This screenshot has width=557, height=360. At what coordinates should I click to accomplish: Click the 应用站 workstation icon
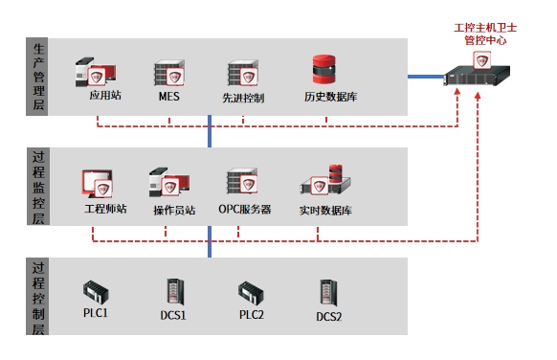coord(96,72)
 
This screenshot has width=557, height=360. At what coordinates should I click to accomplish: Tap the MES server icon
coord(169,73)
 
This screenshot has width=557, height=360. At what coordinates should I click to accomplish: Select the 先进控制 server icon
coord(243,73)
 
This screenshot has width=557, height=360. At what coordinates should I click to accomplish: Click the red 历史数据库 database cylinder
coord(324,69)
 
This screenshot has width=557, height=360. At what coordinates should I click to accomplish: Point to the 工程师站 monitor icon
coord(98,184)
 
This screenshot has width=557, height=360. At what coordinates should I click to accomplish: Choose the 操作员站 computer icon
coord(169,182)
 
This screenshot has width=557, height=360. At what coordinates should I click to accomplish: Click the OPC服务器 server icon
coord(242,181)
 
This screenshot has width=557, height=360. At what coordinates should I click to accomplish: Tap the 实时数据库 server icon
coord(325,180)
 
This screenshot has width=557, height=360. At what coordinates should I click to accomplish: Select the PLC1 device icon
coord(96,293)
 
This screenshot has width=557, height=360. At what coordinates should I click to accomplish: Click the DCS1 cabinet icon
coord(175,292)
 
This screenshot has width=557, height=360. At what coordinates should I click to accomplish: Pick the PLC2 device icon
coord(251,293)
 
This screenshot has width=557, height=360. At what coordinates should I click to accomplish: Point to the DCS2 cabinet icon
coord(328,293)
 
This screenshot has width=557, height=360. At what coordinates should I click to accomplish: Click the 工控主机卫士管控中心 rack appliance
coord(477,73)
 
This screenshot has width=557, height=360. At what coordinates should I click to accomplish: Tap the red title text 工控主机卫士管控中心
coord(485,34)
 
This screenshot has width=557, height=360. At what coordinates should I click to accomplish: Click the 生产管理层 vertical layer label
coord(38,77)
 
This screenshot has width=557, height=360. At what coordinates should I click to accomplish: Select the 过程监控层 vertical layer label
coord(38,187)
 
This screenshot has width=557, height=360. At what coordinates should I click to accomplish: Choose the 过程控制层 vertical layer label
coord(38,298)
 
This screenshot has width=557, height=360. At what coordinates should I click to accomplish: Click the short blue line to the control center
coord(426,77)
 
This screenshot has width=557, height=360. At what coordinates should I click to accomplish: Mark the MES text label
coord(169,97)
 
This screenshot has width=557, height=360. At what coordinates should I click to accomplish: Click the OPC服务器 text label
coord(245,210)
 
